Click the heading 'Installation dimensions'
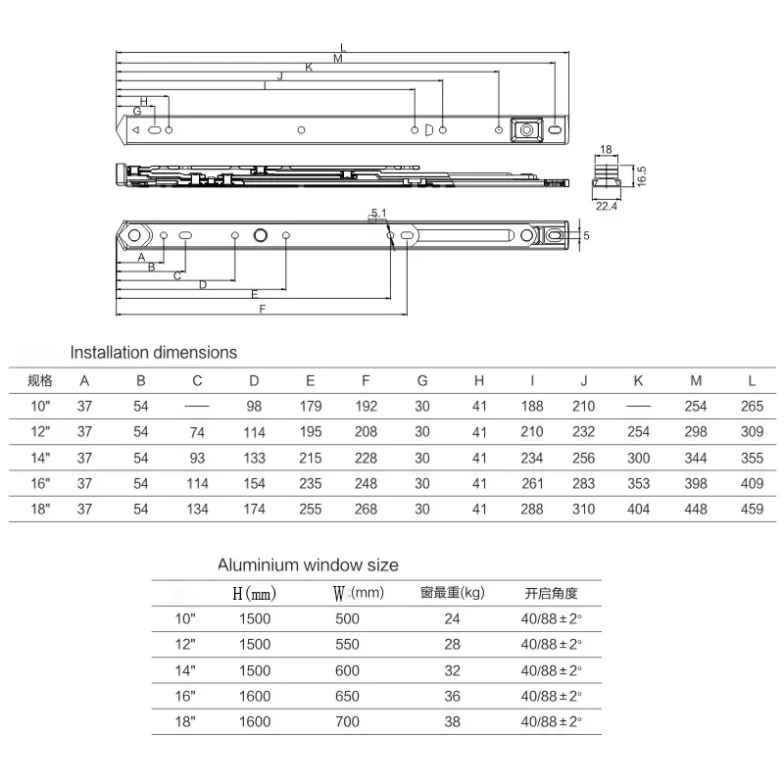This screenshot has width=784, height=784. pyautogui.click(x=153, y=352)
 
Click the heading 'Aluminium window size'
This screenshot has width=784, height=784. pyautogui.click(x=308, y=565)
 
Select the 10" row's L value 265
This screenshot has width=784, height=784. pyautogui.click(x=752, y=406)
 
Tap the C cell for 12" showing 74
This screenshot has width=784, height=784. pyautogui.click(x=197, y=431)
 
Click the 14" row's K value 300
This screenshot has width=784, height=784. pyautogui.click(x=638, y=457)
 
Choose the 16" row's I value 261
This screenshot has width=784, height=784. pyautogui.click(x=532, y=482)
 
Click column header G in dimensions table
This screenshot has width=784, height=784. pyautogui.click(x=422, y=380)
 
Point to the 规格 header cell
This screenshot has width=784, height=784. pyautogui.click(x=40, y=380)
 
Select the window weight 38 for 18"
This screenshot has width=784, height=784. pyautogui.click(x=452, y=721)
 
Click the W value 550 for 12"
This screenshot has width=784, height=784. pyautogui.click(x=347, y=645)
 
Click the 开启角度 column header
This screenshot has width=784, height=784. pyautogui.click(x=552, y=593)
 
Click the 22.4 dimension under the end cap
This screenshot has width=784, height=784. pyautogui.click(x=606, y=206)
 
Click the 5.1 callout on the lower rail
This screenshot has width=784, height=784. pyautogui.click(x=379, y=213)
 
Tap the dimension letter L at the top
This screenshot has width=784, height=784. pyautogui.click(x=342, y=46)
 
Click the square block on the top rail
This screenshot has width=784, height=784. pyautogui.click(x=527, y=129)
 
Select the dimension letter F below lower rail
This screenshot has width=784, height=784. pyautogui.click(x=262, y=309)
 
